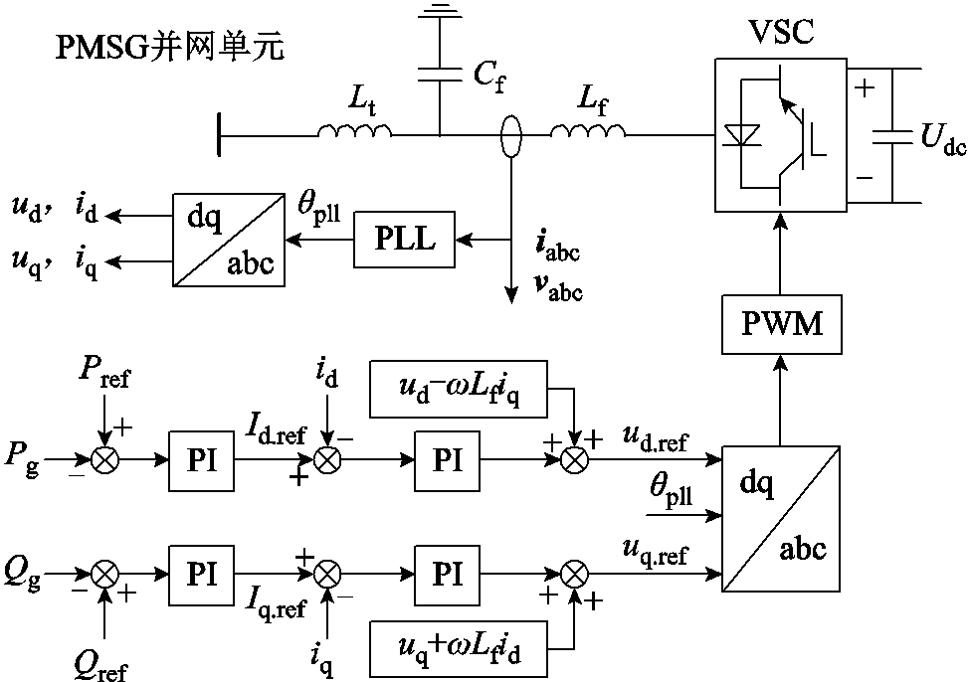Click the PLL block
(404, 240)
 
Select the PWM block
(780, 324)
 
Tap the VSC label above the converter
(780, 32)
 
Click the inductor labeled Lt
(355, 130)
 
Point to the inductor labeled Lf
(588, 130)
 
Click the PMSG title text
(169, 48)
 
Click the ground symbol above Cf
(439, 12)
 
